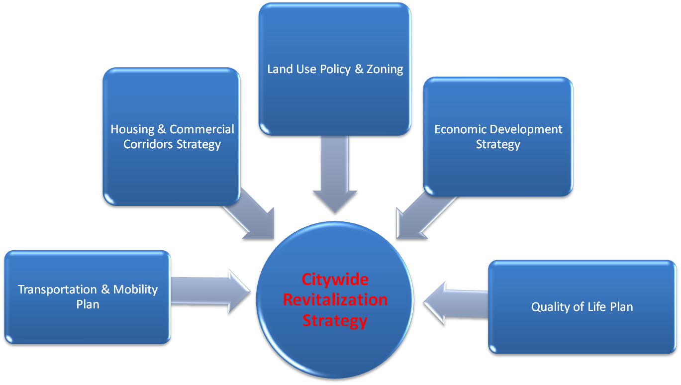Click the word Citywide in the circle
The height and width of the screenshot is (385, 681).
click(335, 279)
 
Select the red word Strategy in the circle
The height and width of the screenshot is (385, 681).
click(335, 320)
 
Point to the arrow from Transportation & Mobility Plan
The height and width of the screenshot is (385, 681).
click(211, 291)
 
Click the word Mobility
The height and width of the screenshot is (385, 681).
click(135, 289)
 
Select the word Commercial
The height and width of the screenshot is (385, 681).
click(201, 129)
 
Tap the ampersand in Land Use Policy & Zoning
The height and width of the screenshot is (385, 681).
click(359, 69)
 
